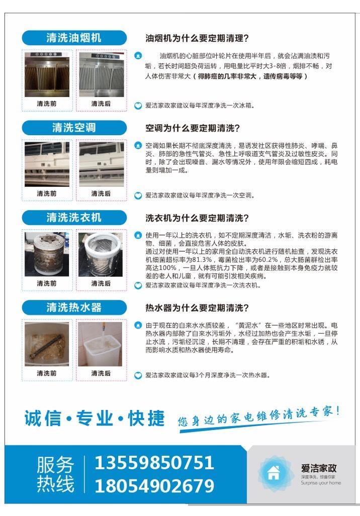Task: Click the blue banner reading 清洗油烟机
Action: tap(74, 38)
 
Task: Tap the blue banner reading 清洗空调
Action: tap(74, 128)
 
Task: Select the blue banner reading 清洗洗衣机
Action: tap(74, 218)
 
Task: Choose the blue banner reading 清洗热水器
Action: tap(74, 307)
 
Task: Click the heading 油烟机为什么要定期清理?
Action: tap(197, 38)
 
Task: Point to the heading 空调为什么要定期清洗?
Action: tap(193, 128)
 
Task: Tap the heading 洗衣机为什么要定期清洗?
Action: tap(197, 218)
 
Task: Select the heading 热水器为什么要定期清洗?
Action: tap(197, 307)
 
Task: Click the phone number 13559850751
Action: tap(154, 463)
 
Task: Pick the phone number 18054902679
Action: tap(154, 486)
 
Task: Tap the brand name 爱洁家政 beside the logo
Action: tap(318, 468)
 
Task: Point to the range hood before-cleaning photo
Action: tap(47, 74)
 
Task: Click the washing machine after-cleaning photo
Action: tap(101, 254)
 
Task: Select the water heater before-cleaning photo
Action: tap(47, 344)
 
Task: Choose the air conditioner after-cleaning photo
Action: tap(102, 164)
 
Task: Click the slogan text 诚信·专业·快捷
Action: tap(95, 418)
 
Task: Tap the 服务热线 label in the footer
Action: tap(55, 474)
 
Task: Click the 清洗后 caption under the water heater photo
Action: tap(101, 373)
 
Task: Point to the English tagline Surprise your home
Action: tap(321, 483)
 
